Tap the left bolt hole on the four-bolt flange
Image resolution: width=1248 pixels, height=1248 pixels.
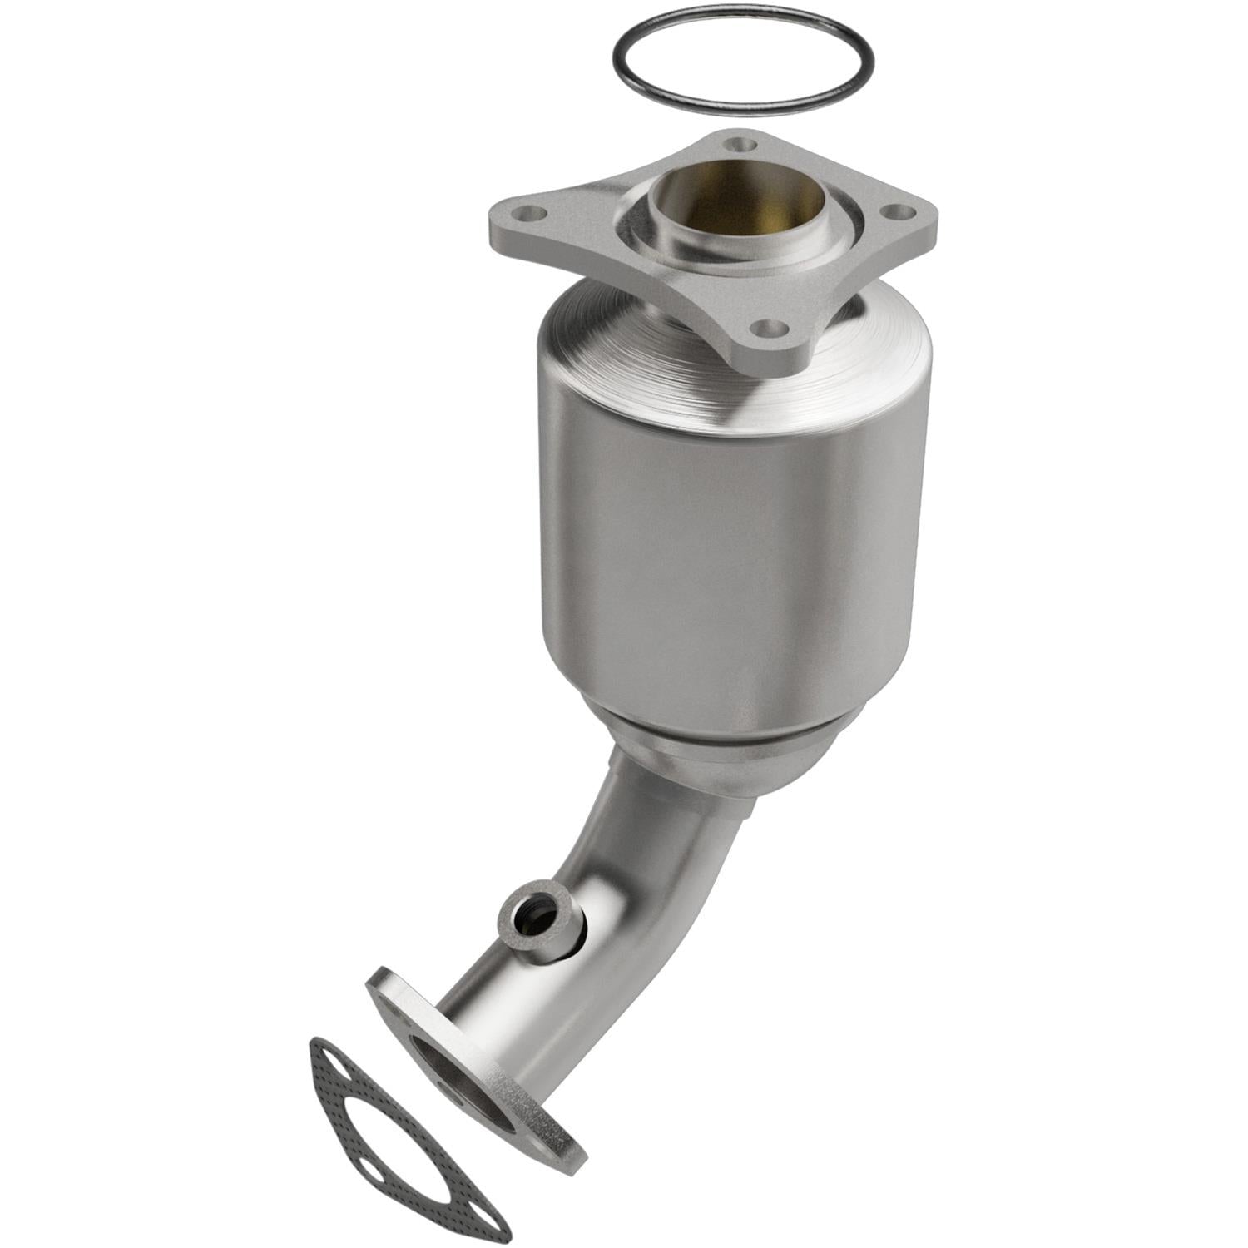pos(530,213)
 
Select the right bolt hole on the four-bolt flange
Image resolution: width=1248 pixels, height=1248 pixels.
pos(897,212)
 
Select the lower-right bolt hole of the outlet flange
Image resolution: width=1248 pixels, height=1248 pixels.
pos(542,1146)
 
